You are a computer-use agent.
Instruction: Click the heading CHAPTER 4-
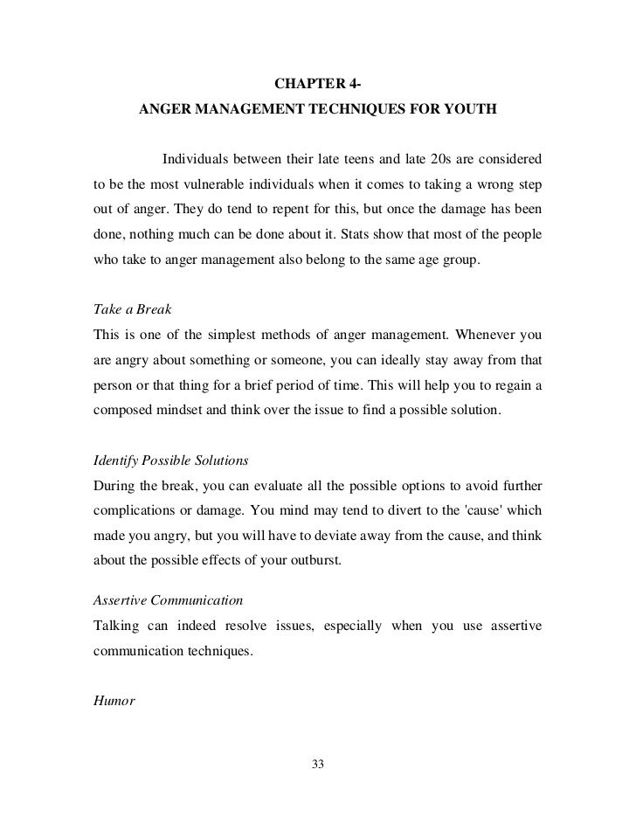[318, 85]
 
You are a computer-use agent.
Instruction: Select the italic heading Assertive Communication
[168, 600]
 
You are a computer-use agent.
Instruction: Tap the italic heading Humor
[114, 700]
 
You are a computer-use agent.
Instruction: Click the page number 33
[318, 765]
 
